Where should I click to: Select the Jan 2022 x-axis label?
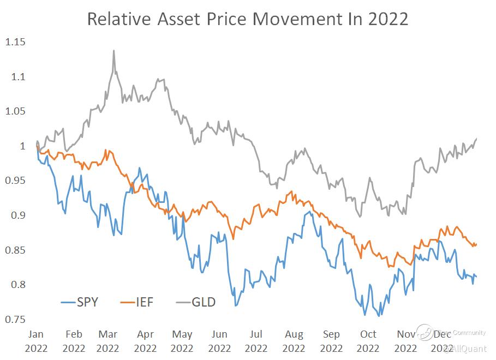pos(37,341)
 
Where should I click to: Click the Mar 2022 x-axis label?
pos(107,341)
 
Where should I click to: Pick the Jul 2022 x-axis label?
pos(256,341)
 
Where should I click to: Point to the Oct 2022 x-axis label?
pos(368,341)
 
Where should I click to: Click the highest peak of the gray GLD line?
pos(113,51)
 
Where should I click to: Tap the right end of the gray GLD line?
pos(476,139)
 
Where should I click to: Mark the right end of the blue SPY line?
pos(476,277)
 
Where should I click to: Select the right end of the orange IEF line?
pos(476,244)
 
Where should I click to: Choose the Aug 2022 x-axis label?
pos(294,341)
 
